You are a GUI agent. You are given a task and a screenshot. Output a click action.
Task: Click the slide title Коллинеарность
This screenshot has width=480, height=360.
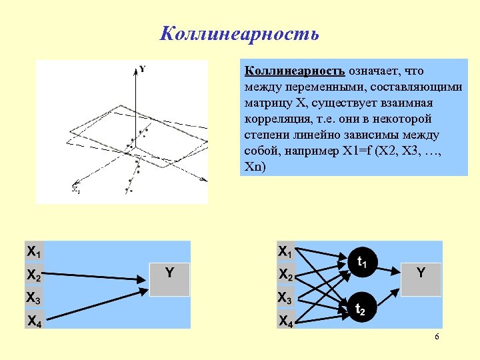click(239, 33)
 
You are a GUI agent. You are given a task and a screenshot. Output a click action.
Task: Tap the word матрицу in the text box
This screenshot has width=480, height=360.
click(267, 103)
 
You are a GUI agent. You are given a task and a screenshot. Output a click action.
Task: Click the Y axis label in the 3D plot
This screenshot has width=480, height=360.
click(143, 69)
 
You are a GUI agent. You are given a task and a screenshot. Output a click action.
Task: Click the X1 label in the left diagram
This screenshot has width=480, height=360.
click(33, 252)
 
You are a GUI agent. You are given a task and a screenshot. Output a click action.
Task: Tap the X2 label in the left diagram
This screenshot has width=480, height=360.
click(33, 275)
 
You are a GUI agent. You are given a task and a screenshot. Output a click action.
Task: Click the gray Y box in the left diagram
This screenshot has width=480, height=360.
click(170, 277)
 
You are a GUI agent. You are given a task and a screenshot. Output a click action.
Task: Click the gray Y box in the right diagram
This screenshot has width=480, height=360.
click(421, 277)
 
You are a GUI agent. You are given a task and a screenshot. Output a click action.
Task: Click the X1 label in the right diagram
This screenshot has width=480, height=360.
click(285, 252)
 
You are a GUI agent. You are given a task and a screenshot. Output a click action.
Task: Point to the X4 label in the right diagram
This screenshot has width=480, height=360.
click(285, 321)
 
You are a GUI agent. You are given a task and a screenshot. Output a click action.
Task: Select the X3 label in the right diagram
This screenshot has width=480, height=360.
click(285, 298)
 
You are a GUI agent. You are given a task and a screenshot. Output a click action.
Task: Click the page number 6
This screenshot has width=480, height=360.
click(437, 337)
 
